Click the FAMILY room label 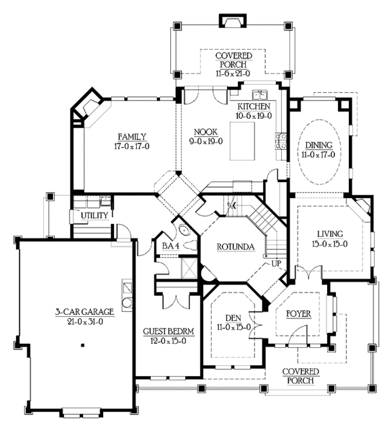132,137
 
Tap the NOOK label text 206,132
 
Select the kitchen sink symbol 260,95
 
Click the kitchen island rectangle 242,141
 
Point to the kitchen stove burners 281,141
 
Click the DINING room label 319,145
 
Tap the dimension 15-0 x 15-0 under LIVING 330,244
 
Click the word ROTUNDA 235,247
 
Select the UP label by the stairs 276,263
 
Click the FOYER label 299,314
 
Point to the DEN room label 233,318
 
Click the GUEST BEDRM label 168,332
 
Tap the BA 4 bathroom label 171,246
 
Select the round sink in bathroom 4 184,230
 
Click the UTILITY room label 94,216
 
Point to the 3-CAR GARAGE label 84,312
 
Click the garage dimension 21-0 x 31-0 85,321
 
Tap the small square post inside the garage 83,345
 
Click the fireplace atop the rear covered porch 233,21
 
